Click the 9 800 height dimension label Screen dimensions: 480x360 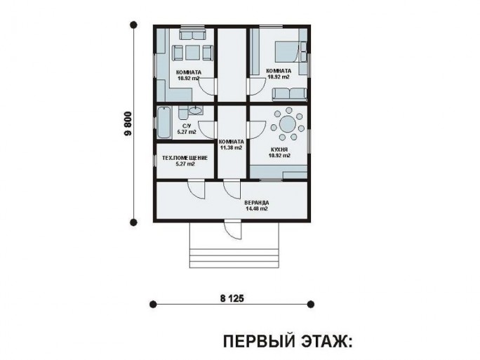[x=128, y=124]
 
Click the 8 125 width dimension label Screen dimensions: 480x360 [x=232, y=298]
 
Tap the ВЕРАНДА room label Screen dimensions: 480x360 [x=257, y=203]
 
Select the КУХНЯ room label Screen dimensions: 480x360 [x=279, y=149]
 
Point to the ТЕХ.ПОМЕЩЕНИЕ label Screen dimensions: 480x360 [x=185, y=158]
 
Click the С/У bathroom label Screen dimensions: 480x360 [x=187, y=126]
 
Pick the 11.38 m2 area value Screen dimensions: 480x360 [x=231, y=147]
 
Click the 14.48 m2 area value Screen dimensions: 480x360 [x=257, y=209]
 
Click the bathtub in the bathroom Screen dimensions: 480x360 [x=164, y=123]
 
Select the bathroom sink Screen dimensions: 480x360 [x=195, y=110]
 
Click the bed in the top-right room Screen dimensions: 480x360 [x=286, y=52]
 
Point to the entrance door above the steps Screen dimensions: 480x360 [x=233, y=229]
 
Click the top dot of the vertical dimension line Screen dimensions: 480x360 [x=133, y=25]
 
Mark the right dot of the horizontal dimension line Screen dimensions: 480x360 [x=311, y=305]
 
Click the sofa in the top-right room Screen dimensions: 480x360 [x=289, y=94]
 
